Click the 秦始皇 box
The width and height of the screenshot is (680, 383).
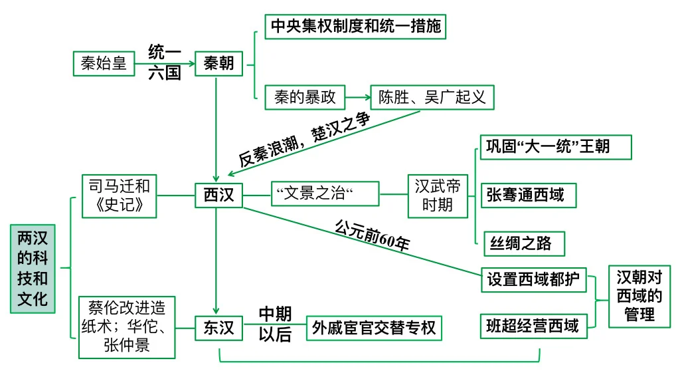[104, 63]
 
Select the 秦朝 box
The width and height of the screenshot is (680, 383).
[218, 63]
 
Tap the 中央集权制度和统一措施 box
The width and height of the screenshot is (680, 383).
[355, 27]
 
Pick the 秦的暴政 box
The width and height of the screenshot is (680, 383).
[305, 97]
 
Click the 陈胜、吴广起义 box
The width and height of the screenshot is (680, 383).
[432, 97]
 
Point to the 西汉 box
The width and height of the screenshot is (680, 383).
[218, 195]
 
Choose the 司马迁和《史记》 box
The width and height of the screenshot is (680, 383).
[120, 196]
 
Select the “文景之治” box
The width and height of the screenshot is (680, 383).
[325, 193]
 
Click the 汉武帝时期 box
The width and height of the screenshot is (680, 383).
[438, 196]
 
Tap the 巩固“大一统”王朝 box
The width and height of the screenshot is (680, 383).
[556, 147]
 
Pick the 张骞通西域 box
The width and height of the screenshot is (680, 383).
[529, 195]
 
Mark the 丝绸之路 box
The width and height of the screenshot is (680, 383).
[525, 243]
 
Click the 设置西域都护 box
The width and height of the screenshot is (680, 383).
[534, 280]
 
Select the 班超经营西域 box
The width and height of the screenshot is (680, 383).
[533, 326]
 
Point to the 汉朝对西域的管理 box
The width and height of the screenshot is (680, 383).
[639, 296]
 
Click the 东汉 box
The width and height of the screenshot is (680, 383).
[218, 328]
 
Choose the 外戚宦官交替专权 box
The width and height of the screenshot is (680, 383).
[374, 328]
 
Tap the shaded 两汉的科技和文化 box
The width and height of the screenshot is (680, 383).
[33, 269]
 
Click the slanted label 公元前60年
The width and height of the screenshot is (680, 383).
[373, 236]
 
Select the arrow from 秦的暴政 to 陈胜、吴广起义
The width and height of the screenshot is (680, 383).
[358, 97]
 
